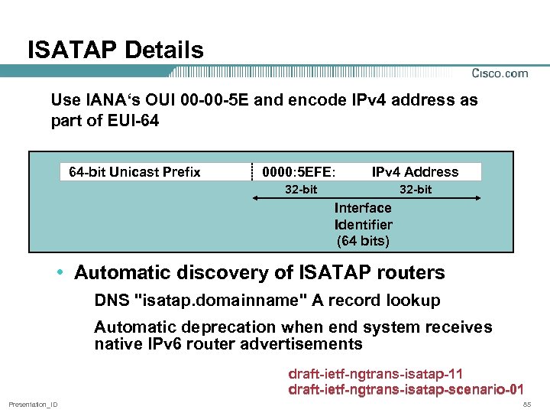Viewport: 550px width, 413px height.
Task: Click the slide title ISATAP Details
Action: coord(115,50)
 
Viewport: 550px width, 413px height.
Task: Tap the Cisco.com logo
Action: coord(500,73)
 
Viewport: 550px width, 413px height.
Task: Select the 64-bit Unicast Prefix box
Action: coord(134,172)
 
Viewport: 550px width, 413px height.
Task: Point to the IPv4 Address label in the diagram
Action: coord(415,172)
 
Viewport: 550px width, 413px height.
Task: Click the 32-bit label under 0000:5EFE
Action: coord(301,189)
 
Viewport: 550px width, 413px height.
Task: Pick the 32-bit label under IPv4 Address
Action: coord(416,189)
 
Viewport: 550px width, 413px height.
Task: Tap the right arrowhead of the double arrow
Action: coord(477,199)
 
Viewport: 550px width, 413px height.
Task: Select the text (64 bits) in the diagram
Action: coord(363,242)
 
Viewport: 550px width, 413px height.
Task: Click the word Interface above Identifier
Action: coord(363,208)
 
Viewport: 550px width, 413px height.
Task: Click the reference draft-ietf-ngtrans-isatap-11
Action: coord(375,374)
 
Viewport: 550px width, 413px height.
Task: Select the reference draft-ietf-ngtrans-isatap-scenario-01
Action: coord(406,390)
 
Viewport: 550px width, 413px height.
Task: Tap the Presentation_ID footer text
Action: coord(33,404)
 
